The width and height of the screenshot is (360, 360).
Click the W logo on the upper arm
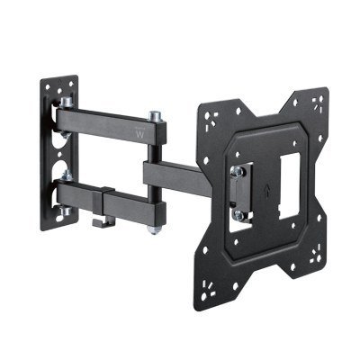[138, 135]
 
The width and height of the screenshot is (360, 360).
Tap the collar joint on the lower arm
[105, 194]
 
